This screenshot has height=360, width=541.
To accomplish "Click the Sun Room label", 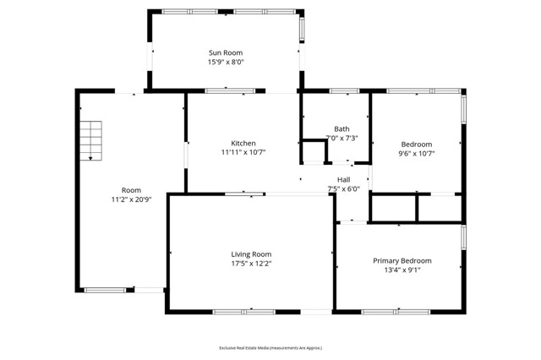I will coord(226,52).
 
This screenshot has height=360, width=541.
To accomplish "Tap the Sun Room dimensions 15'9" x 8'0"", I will coord(226,62).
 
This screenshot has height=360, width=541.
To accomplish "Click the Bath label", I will coord(342,129).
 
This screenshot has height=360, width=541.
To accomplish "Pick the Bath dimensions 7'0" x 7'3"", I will coord(342,138).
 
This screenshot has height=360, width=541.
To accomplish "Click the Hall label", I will coord(343,179).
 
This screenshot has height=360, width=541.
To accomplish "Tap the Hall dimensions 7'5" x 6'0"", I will coord(343,188).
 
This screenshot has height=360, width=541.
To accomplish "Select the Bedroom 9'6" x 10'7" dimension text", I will coord(416,154).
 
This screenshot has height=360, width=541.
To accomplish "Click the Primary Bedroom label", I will coord(402,260).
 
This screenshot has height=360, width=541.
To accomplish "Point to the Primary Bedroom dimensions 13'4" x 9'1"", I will coord(402,270).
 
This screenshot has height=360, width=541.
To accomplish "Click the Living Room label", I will coord(251,254).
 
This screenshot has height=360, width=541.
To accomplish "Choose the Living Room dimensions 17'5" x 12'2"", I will coord(251,264).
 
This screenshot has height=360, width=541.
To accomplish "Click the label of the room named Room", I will coord(131,190).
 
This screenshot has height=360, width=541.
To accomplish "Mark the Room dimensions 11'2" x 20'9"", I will coord(131,199).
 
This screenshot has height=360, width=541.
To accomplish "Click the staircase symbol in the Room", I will coord(90,136).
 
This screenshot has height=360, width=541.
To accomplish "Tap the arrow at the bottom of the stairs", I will coord(90,156).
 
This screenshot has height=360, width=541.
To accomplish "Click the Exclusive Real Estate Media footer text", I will coord(270,347).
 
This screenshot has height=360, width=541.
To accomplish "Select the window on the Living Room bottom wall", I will coord(243,313).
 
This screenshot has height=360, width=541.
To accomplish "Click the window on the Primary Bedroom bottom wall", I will coord(396,312).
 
